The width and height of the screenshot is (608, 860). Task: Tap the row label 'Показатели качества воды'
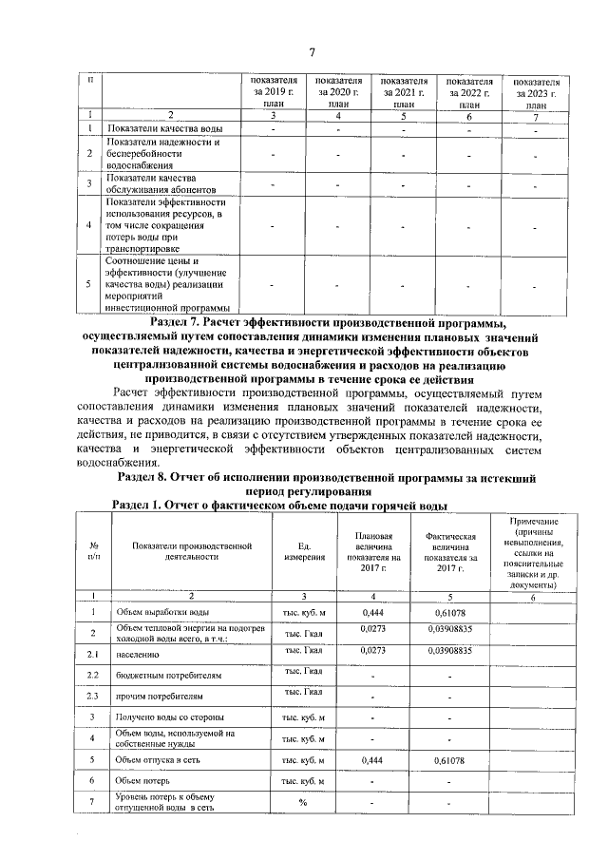click(165, 127)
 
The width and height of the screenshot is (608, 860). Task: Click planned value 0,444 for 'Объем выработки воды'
click(372, 612)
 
